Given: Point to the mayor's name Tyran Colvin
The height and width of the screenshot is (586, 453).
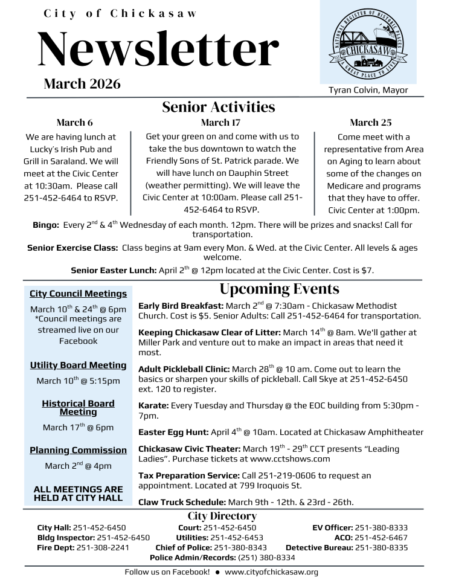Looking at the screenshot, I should point(368,90).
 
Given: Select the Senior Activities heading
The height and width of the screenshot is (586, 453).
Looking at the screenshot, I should point(218,107).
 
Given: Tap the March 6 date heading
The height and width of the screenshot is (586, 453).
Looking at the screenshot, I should point(75,123).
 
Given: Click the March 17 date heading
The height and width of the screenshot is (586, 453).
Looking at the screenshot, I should point(220,123).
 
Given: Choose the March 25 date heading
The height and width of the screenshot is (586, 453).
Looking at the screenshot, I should point(370,123).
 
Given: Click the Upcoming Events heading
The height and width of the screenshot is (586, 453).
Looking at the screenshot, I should point(279,289).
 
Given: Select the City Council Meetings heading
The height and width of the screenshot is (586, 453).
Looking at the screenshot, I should point(79,294).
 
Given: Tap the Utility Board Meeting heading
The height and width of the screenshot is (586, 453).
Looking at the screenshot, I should point(79,365).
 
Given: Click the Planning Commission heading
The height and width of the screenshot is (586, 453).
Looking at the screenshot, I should point(79,450).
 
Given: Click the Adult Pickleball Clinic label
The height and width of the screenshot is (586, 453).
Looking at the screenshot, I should point(184,369).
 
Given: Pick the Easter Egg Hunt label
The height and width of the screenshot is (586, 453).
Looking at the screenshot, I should point(173,432).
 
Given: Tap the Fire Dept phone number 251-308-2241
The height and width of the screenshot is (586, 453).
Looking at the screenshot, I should point(102,547).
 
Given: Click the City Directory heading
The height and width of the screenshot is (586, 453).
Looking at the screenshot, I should point(222,516).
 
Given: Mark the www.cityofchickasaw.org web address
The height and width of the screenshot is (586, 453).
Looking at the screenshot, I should point(271,572).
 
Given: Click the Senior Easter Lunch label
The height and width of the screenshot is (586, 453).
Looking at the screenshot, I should point(114,271).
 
